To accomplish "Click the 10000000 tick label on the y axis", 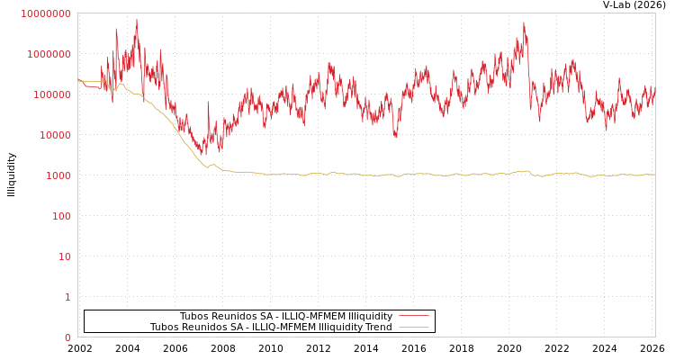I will pos(45,13).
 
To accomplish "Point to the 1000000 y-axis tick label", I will pos(49,54).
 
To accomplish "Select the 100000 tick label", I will pos(51,94).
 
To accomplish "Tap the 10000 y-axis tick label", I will pos(54,135).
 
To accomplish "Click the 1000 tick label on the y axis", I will pos(57,175).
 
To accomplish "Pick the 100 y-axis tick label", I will pos(60,216).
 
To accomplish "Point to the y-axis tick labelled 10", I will pos(64,256).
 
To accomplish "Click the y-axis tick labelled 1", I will pos(67,297).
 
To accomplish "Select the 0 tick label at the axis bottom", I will pos(67,337).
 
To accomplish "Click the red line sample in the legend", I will pos(413,316).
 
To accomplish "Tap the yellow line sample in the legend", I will pos(413,327).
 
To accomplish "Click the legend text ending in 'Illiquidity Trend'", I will pos(271,327).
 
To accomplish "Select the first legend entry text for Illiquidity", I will pos(285,316).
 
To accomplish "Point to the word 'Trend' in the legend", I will pos(378,327).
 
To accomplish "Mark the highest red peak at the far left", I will pos(137,20).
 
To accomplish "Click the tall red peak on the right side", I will pos(524,22).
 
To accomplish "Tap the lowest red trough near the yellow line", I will pos(202,155).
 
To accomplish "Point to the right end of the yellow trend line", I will pos(654,175).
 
